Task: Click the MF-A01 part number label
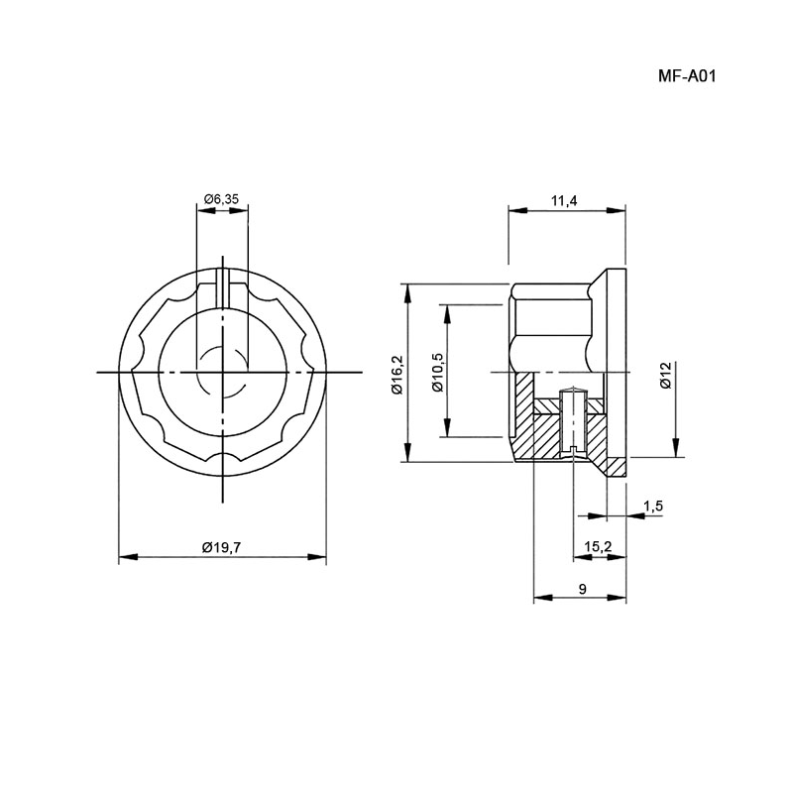point(687,76)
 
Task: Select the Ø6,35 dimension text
point(221,199)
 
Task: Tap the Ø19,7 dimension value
point(222,547)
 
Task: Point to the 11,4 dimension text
point(564,201)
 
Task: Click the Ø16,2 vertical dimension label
point(396,375)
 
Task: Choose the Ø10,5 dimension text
point(437,372)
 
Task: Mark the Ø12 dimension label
point(665,375)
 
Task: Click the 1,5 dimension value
point(652,507)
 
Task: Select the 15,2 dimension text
point(598,546)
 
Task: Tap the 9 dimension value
point(582,589)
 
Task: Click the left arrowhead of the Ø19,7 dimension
point(128,557)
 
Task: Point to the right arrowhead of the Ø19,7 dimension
point(316,557)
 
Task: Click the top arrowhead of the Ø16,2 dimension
point(407,293)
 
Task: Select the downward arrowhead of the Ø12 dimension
point(676,448)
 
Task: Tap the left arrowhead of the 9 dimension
point(543,598)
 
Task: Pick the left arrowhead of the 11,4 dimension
point(517,210)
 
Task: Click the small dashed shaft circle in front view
point(222,372)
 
